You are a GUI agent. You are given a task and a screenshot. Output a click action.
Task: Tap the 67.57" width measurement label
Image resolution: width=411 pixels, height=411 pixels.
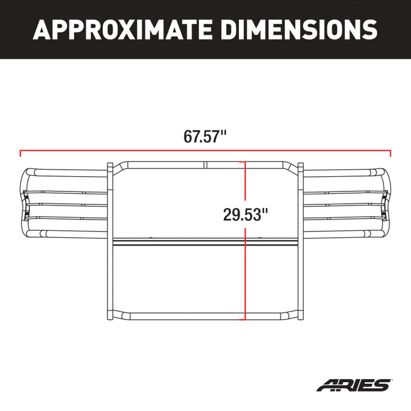206,137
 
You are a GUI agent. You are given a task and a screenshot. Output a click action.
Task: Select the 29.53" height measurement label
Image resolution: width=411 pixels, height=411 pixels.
245,214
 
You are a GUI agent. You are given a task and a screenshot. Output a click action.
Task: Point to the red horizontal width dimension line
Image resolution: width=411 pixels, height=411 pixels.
117,151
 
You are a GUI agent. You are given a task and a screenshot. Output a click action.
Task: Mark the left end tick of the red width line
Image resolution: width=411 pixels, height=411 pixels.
21,154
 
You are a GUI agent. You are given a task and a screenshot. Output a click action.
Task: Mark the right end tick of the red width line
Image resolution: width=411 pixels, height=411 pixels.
390,154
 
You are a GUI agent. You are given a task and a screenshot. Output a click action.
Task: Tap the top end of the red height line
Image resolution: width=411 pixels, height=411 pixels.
245,161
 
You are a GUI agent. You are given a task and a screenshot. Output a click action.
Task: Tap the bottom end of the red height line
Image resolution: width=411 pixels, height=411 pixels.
245,319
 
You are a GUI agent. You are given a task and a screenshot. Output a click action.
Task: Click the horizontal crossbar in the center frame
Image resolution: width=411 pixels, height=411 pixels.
176,242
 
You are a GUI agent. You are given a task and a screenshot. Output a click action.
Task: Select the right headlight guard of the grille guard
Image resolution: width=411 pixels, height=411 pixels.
346,203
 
